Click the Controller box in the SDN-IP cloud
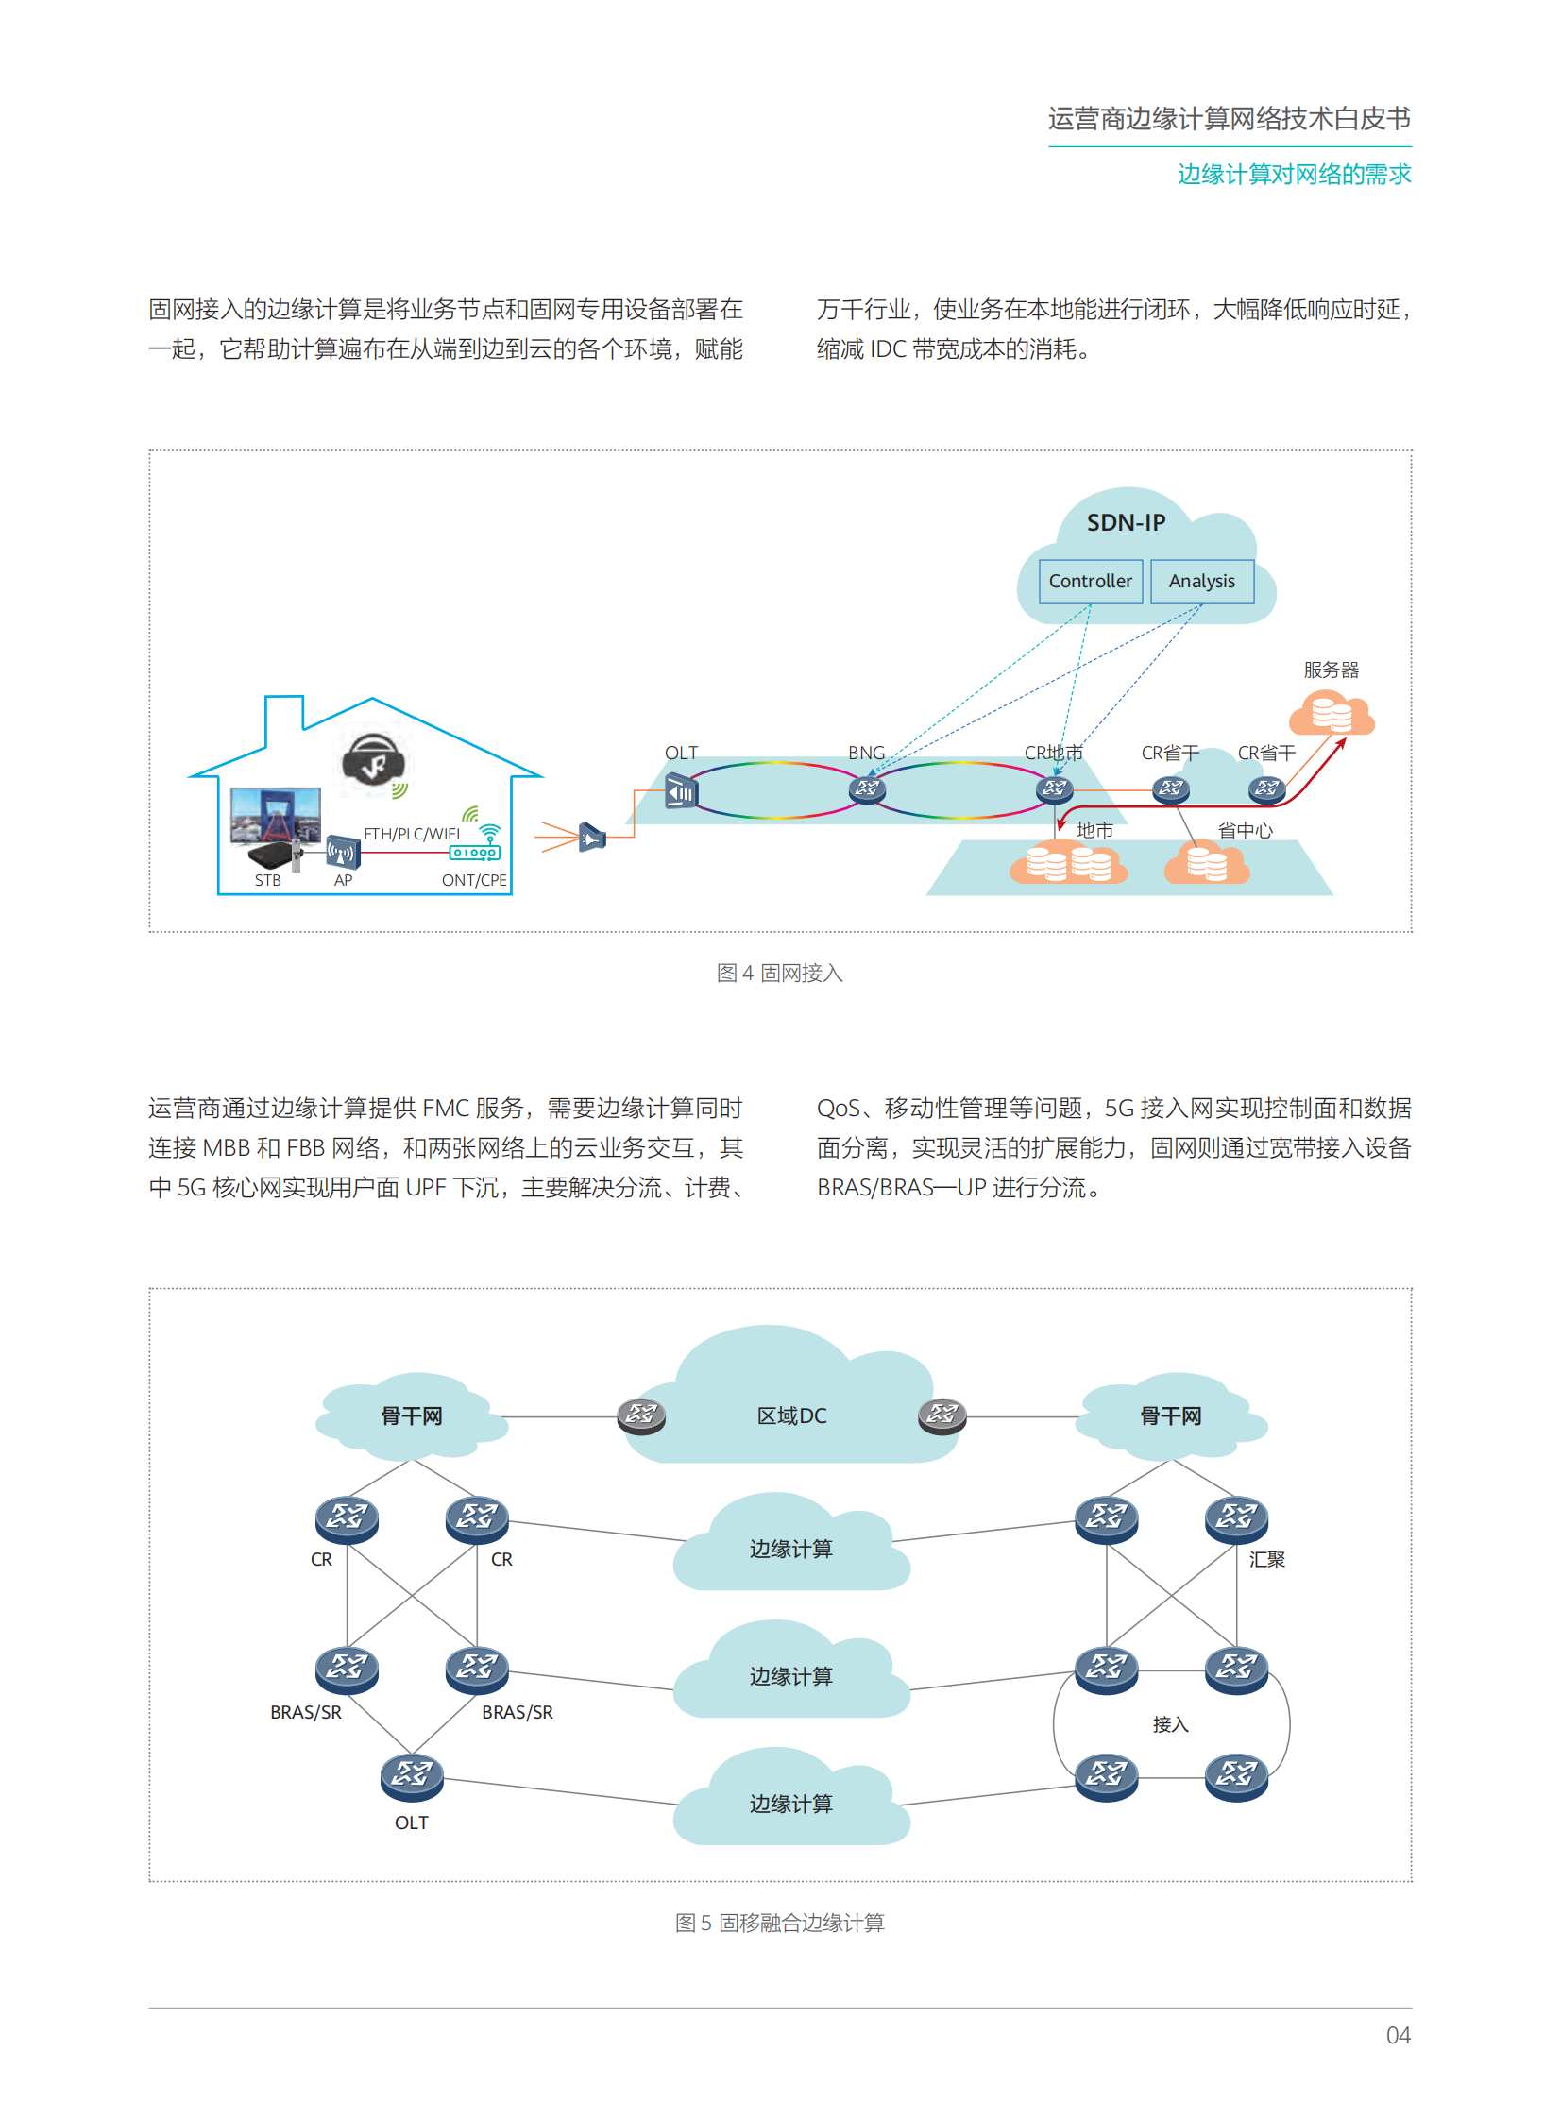[x=1090, y=581]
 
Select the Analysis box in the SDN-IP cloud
[x=1201, y=581]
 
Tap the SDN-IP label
[x=1126, y=522]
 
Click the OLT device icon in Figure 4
[x=680, y=790]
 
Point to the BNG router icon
[x=867, y=788]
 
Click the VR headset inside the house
[x=373, y=760]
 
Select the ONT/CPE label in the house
[x=473, y=880]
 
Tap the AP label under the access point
[x=343, y=880]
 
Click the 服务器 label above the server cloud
[x=1331, y=670]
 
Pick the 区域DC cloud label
[x=791, y=1415]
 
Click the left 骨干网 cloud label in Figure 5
[x=411, y=1415]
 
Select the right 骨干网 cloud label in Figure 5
[x=1171, y=1415]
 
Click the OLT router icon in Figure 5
[x=412, y=1775]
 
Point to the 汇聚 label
[x=1266, y=1559]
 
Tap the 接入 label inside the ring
[x=1170, y=1724]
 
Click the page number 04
[x=1398, y=2035]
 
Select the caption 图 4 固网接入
[x=779, y=973]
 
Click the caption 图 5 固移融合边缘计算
[x=779, y=1923]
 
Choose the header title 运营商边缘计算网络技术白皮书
[x=1229, y=119]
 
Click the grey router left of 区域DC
[x=640, y=1415]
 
